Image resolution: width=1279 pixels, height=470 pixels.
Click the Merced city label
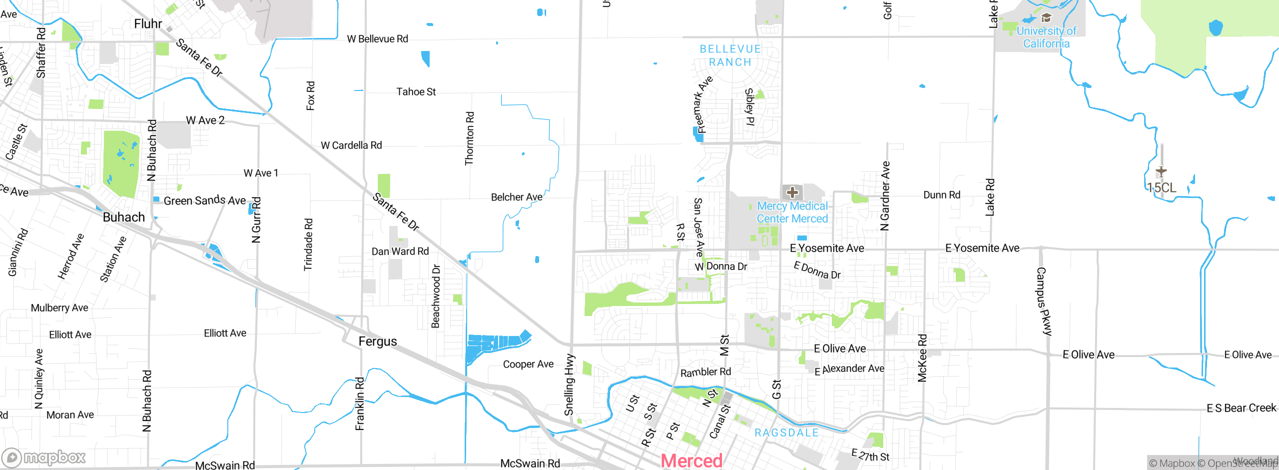pyautogui.click(x=691, y=460)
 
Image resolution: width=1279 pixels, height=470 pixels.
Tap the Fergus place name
pyautogui.click(x=378, y=341)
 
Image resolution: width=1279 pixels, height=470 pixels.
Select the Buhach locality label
pyautogui.click(x=123, y=217)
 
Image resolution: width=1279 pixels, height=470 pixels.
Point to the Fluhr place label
pyautogui.click(x=148, y=23)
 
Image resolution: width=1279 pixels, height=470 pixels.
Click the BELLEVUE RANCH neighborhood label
pyautogui.click(x=730, y=55)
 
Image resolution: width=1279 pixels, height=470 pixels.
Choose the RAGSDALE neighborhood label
pyautogui.click(x=786, y=432)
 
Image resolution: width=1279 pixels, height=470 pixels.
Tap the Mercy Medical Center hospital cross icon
pyautogui.click(x=792, y=192)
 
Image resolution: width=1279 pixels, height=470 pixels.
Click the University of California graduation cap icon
pyautogui.click(x=1046, y=18)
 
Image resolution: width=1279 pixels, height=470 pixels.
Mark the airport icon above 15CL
pyautogui.click(x=1161, y=171)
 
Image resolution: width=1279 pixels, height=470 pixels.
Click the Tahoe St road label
pyautogui.click(x=416, y=92)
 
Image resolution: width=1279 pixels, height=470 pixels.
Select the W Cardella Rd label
pyautogui.click(x=351, y=145)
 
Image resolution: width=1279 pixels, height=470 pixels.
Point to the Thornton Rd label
pyautogui.click(x=469, y=138)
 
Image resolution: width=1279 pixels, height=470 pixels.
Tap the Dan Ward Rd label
pyautogui.click(x=400, y=251)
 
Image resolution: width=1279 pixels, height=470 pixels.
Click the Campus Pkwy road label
pyautogui.click(x=1044, y=301)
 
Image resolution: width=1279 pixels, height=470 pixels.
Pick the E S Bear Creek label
pyautogui.click(x=1241, y=408)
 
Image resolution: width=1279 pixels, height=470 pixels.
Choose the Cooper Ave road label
pyautogui.click(x=528, y=364)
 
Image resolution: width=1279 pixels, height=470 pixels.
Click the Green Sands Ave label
pyautogui.click(x=204, y=200)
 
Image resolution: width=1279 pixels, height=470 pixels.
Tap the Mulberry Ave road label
pyautogui.click(x=59, y=308)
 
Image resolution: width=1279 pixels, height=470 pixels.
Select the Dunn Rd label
pyautogui.click(x=941, y=195)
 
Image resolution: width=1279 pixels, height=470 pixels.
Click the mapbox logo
pyautogui.click(x=44, y=457)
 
